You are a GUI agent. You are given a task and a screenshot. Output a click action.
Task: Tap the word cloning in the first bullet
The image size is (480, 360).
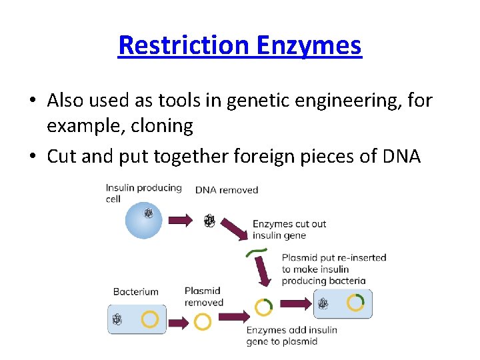(x=159, y=125)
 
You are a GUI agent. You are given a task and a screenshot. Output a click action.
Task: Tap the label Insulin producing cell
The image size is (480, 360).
(x=143, y=193)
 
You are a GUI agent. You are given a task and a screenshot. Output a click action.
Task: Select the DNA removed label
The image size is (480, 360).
(x=227, y=190)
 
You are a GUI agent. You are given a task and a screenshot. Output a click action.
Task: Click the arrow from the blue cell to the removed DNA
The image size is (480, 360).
(x=181, y=220)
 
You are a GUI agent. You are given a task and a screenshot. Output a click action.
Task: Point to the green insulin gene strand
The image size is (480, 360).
(x=256, y=252)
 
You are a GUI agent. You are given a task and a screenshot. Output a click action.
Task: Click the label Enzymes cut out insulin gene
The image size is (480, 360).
(x=289, y=229)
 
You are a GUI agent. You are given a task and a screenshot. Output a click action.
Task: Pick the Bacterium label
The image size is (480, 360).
(x=136, y=291)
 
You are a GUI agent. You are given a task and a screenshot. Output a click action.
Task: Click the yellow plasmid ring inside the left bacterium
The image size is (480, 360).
(x=150, y=319)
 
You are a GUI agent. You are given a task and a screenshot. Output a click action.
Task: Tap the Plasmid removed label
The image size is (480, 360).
(x=203, y=297)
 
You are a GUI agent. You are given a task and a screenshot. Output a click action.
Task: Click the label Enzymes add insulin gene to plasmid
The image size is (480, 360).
(x=291, y=335)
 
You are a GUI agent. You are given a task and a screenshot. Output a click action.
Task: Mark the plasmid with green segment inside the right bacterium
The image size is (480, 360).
(x=355, y=303)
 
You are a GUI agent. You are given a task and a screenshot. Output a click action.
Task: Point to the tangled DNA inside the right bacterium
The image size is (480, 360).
(x=323, y=304)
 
